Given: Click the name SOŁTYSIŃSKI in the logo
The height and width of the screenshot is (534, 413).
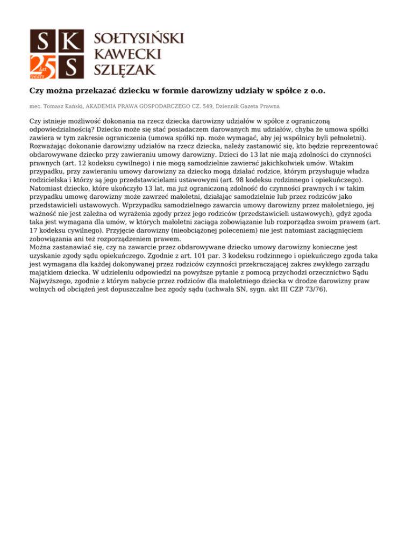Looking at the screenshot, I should [139, 39].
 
